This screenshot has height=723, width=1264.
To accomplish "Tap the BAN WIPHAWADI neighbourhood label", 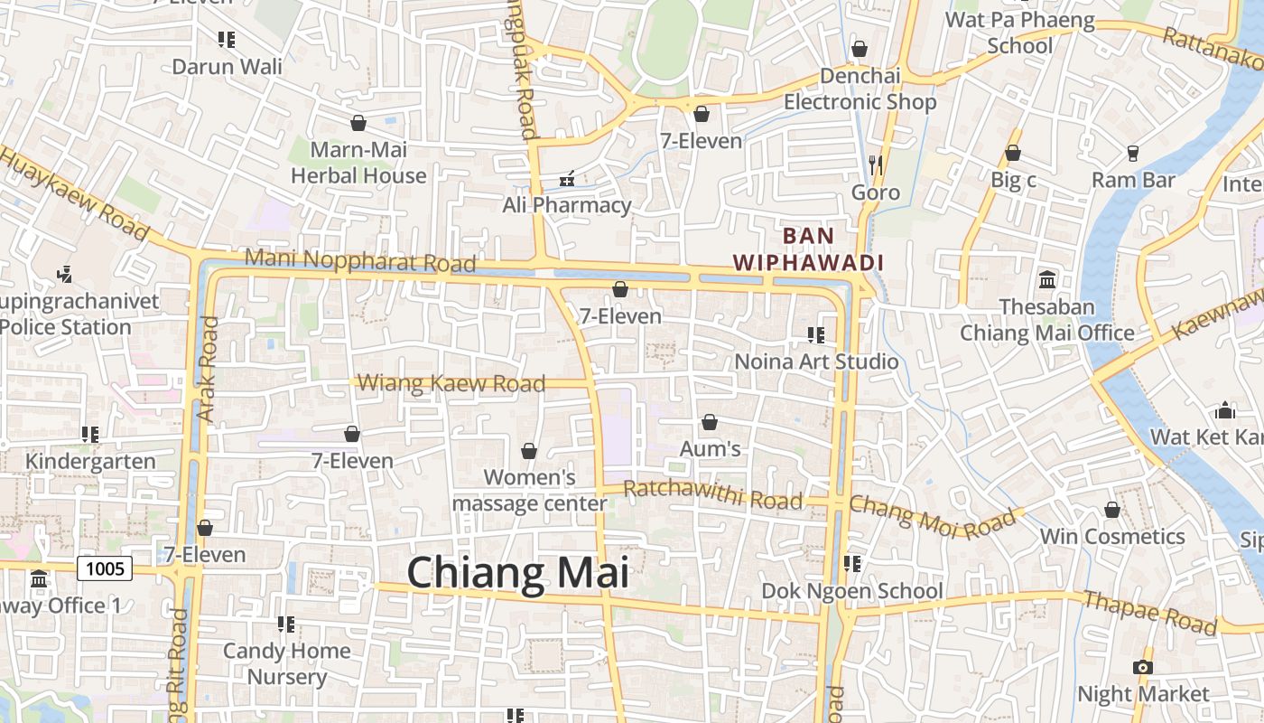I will pyautogui.click(x=807, y=249).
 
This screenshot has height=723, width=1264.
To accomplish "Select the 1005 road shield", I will pyautogui.click(x=105, y=568).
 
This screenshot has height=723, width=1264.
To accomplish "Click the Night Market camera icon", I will pyautogui.click(x=1142, y=667).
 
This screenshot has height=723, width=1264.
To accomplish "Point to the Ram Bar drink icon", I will pyautogui.click(x=1133, y=154).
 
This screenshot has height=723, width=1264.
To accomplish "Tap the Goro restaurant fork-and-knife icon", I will pyautogui.click(x=875, y=165).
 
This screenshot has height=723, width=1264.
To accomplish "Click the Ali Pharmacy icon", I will pyautogui.click(x=567, y=180).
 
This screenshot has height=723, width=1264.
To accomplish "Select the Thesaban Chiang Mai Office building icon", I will pyautogui.click(x=1047, y=280).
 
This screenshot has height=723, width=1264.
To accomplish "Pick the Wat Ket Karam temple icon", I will pyautogui.click(x=1225, y=410).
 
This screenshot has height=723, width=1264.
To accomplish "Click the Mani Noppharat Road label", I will pyautogui.click(x=359, y=260).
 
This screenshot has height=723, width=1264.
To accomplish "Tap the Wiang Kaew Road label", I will pyautogui.click(x=451, y=383).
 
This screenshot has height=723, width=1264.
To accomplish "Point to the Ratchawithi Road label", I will pyautogui.click(x=712, y=494).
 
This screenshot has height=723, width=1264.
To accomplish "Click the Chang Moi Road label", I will pyautogui.click(x=932, y=517).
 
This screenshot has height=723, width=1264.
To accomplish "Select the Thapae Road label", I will pyautogui.click(x=1149, y=612).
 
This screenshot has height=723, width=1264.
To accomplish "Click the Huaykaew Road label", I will pyautogui.click(x=74, y=193).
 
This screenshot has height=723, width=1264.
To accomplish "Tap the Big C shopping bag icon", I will pyautogui.click(x=1013, y=154).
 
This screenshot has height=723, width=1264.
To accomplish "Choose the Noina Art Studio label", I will pyautogui.click(x=816, y=361).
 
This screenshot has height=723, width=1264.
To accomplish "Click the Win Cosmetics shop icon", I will pyautogui.click(x=1112, y=511).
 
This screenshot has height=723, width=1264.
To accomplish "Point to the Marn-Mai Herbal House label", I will pyautogui.click(x=358, y=163).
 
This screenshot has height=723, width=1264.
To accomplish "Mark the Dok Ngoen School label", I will pyautogui.click(x=852, y=591).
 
